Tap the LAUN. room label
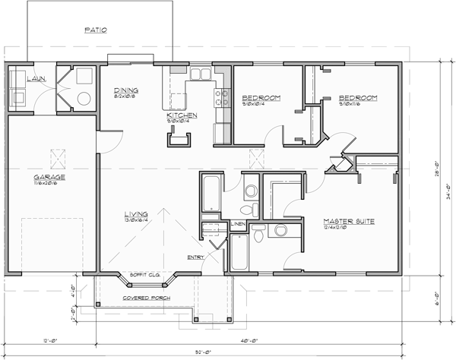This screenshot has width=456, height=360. (x=16, y=78)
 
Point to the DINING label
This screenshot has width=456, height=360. (x=126, y=90)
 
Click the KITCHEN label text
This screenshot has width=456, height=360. (x=182, y=115)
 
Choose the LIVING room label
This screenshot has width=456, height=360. (x=137, y=214)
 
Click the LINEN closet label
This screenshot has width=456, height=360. (x=237, y=224)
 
